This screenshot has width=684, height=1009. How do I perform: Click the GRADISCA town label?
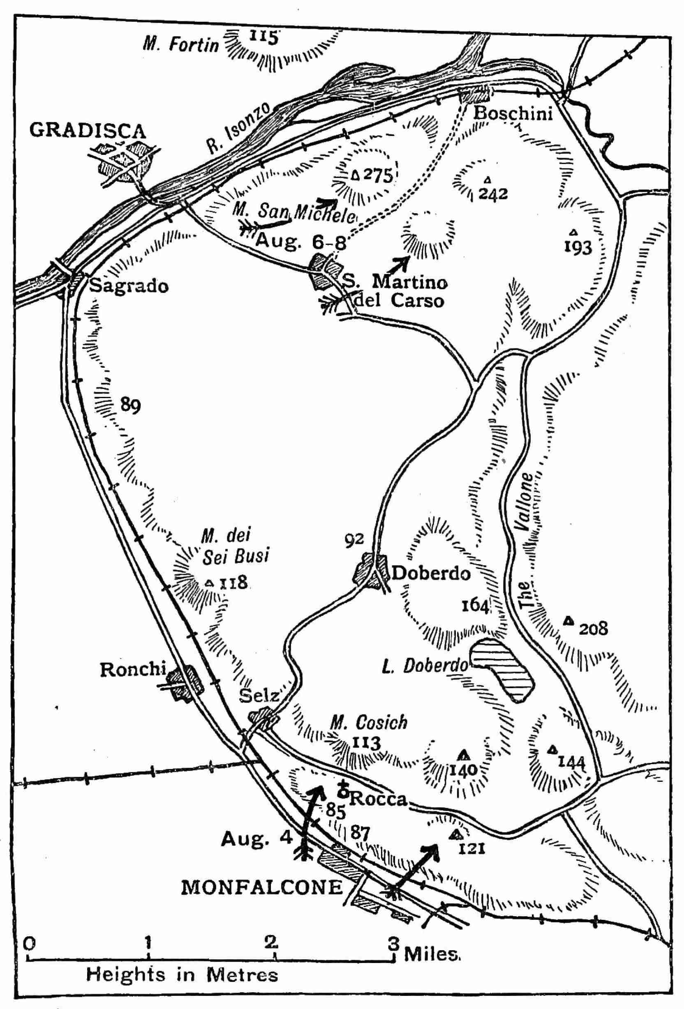pos(87,131)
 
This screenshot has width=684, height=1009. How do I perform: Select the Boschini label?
pos(513,114)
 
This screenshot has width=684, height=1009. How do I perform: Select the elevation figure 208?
pos(593,628)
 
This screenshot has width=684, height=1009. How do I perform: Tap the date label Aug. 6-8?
pos(301,242)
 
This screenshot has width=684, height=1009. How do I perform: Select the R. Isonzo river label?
pos(238,129)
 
